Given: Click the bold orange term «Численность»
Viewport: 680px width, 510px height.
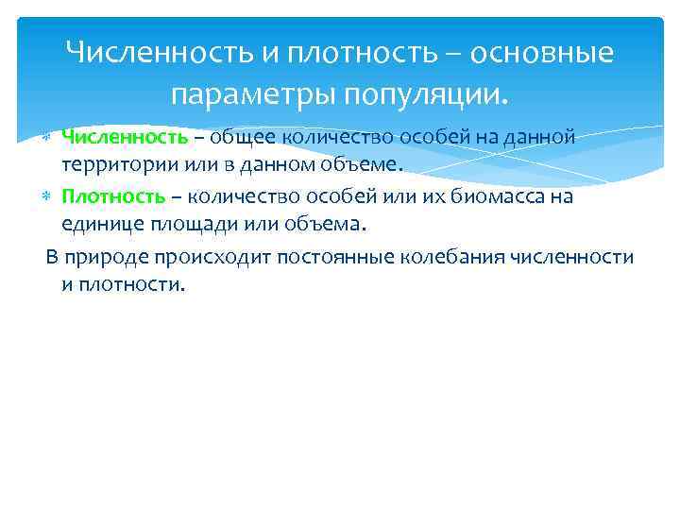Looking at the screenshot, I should (x=125, y=138).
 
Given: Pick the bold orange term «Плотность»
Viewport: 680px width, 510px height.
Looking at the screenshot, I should (x=113, y=196).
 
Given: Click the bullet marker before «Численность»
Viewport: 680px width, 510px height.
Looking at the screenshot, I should (x=48, y=139).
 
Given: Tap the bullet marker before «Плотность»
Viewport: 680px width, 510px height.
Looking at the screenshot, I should (x=48, y=197).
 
